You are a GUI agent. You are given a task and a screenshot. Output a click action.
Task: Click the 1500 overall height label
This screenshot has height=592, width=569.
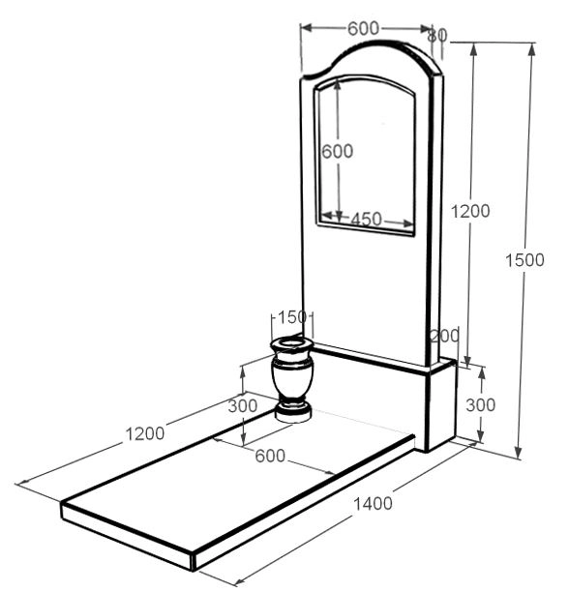click(524, 260)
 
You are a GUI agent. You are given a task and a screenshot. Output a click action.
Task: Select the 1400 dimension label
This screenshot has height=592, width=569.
click(373, 503)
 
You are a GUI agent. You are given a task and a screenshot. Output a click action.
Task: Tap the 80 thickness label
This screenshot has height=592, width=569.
click(437, 36)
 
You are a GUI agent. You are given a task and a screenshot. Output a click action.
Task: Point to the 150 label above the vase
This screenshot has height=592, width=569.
click(292, 317)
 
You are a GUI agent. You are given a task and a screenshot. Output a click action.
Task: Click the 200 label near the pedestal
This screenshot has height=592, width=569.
click(445, 336)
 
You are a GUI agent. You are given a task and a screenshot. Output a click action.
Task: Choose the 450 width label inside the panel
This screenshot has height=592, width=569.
click(366, 219)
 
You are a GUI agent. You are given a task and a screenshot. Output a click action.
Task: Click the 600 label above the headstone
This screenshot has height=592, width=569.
click(363, 29)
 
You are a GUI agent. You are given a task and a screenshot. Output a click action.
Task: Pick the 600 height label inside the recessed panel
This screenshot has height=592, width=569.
click(337, 152)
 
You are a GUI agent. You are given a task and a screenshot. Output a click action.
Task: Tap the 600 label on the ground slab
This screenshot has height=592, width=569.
click(270, 456)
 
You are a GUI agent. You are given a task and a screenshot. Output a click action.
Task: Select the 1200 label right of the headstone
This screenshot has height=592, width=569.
click(470, 211)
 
